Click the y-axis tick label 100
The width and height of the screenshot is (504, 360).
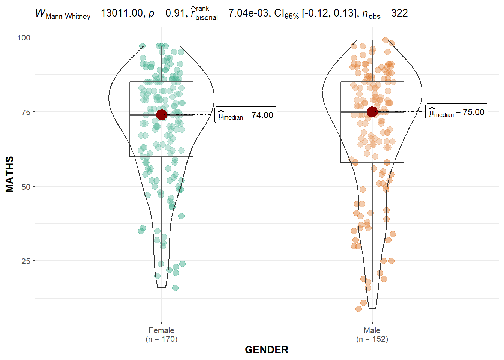[x=24, y=37]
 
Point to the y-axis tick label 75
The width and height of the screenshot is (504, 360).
[x=26, y=112]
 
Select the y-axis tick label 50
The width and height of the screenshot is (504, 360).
[x=26, y=187]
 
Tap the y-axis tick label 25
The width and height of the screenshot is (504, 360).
[x=26, y=261]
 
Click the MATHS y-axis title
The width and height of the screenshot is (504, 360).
[x=10, y=174]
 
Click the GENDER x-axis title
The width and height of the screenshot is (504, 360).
[x=267, y=349]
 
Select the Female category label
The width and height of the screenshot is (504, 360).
[x=161, y=330]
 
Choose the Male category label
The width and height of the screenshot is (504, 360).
[x=372, y=330]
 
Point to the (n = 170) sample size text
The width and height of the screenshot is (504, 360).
[x=161, y=339]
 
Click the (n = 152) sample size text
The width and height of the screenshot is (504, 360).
[x=372, y=339]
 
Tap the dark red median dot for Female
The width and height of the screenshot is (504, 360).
[x=162, y=115]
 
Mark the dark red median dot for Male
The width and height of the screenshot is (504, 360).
[x=372, y=112]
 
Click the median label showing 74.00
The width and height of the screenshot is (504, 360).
[x=246, y=115]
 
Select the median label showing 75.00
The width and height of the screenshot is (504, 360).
[x=456, y=112]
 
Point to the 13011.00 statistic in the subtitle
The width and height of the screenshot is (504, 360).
[x=121, y=13]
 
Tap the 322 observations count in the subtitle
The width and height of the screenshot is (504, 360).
[x=399, y=13]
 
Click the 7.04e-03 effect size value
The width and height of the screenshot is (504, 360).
[x=248, y=13]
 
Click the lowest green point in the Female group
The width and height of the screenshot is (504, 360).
[x=175, y=288]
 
